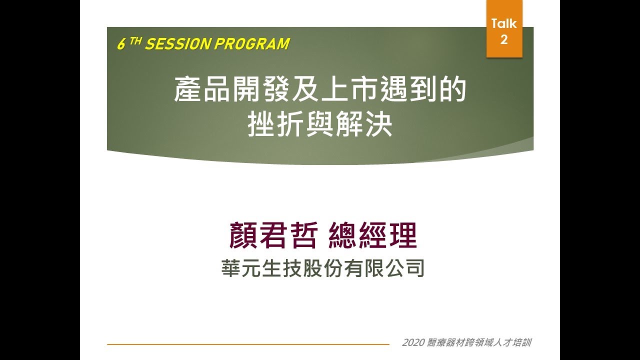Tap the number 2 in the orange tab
coord(504,39)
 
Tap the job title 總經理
coord(373,236)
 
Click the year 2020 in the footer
coord(412,343)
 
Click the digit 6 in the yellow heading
coord(120,45)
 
